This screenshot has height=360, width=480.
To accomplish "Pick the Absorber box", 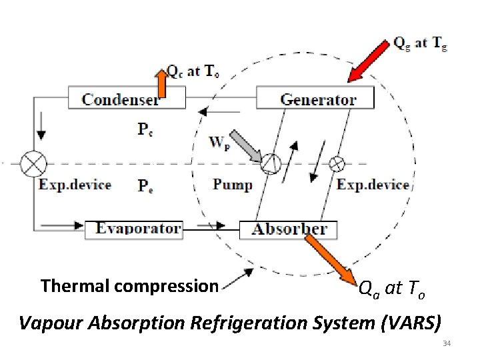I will coord(288,229).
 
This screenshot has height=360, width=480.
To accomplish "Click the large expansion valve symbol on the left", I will coord(33,163).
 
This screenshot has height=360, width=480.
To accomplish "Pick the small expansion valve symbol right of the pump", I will coord(337,163).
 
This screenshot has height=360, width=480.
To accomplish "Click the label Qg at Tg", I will coord(420,43).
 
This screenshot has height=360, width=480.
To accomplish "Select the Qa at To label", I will coord(392,289).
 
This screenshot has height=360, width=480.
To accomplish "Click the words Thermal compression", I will coord(129,286).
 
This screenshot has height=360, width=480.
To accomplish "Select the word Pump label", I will coord(233,184).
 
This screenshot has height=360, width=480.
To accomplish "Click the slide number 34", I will coord(447,343).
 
